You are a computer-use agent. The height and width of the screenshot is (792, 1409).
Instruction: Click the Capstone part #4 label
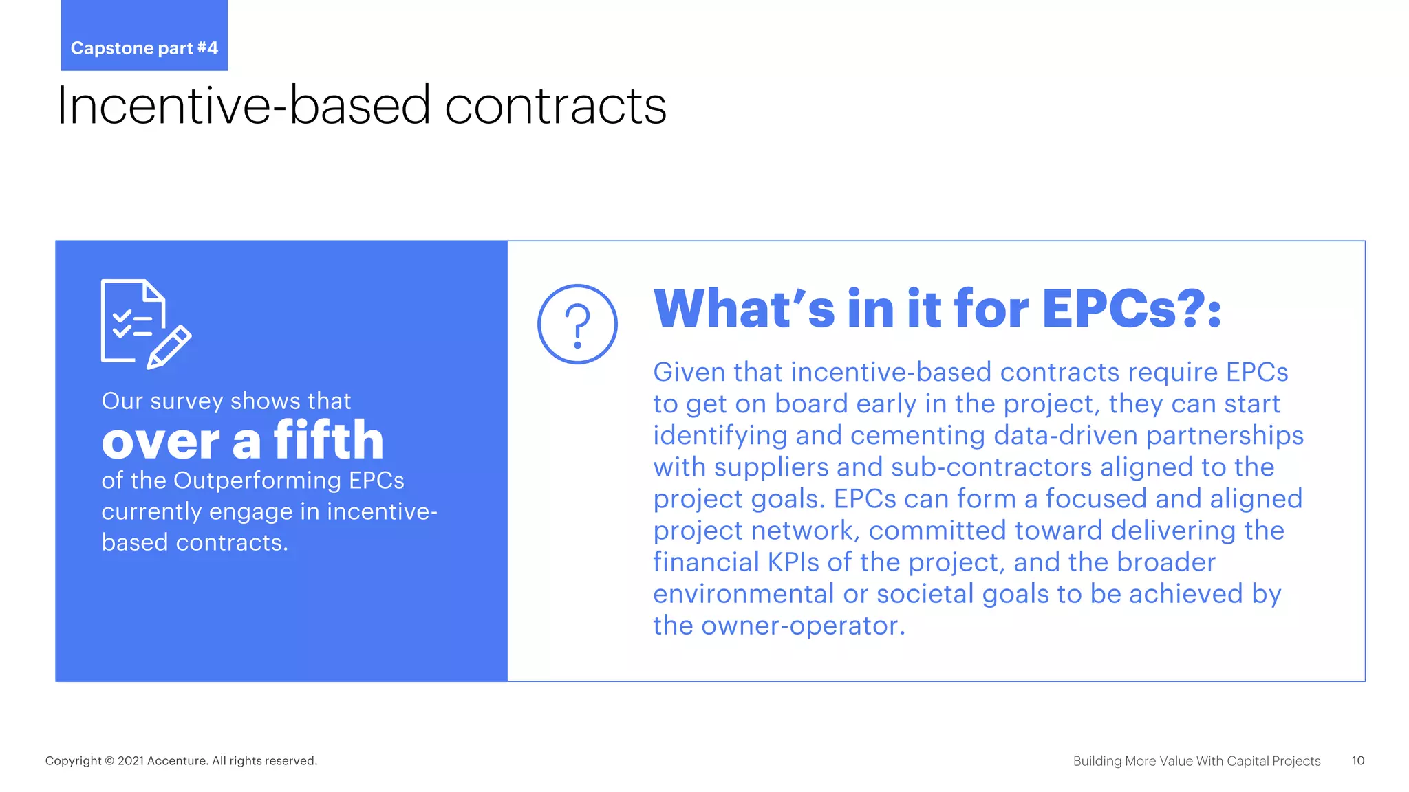144,47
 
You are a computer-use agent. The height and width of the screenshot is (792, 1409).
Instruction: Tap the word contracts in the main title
555,106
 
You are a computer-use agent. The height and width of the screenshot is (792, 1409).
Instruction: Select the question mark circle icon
577,324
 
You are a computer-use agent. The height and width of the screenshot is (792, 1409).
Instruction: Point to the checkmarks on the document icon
122,324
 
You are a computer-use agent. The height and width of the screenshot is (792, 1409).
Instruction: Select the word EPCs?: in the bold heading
1131,309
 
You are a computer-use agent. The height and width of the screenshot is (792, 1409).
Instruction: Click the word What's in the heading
744,309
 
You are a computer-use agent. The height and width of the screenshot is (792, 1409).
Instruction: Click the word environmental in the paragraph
744,594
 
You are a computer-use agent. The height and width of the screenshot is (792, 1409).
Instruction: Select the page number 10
1357,760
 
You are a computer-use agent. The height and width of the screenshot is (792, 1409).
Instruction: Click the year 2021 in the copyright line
130,760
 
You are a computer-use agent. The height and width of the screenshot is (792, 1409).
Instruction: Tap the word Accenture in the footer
177,760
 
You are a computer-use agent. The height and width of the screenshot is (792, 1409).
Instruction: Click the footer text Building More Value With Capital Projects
1196,760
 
